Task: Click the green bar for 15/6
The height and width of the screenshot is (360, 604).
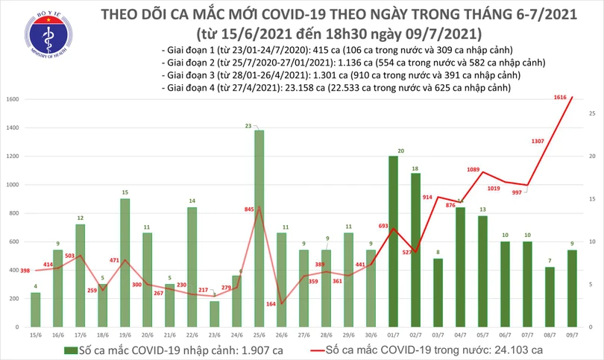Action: [35, 310]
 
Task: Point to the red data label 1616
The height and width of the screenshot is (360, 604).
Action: [560, 97]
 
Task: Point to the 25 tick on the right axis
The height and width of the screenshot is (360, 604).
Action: [591, 113]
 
